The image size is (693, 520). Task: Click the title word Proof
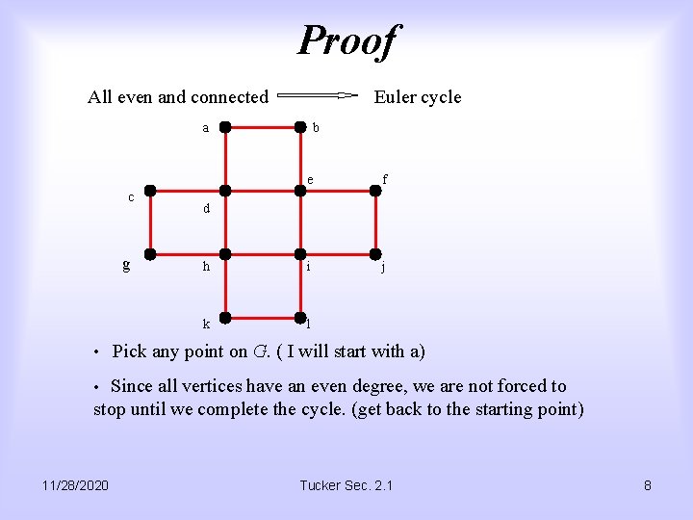[346, 40]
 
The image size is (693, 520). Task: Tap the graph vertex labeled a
[224, 126]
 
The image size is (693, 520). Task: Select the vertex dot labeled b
[300, 126]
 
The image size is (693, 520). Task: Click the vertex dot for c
[150, 191]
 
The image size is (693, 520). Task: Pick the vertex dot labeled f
[376, 191]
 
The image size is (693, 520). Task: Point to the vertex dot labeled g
[150, 254]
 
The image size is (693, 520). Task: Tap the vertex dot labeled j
[376, 254]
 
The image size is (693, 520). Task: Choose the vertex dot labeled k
[224, 318]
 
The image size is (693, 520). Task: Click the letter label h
[205, 268]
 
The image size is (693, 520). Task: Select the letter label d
[205, 208]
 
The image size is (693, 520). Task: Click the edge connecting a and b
[262, 126]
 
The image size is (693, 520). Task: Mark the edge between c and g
[150, 222]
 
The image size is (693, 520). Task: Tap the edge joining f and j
[376, 222]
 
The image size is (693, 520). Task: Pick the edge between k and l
[262, 318]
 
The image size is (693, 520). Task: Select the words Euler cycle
[417, 97]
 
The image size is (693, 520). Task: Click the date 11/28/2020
[75, 485]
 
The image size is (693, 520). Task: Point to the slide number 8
[648, 485]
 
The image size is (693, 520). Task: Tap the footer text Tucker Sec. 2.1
[346, 485]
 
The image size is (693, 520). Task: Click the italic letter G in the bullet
[260, 351]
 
